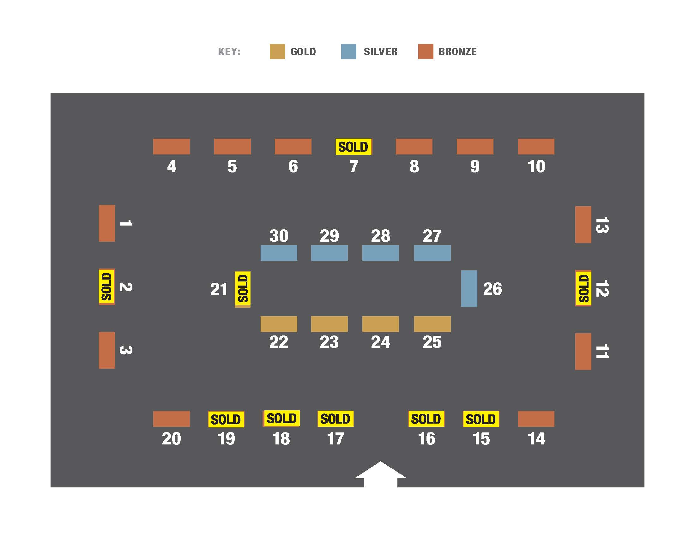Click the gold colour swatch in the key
[x=277, y=51]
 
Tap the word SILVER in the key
[x=381, y=51]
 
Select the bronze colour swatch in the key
[x=426, y=51]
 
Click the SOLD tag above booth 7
[x=354, y=147]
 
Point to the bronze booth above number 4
[x=172, y=147]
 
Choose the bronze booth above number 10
[x=536, y=147]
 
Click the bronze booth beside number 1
[x=107, y=223]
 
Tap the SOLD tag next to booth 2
[x=107, y=287]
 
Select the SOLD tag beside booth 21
[x=243, y=289]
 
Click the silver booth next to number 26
[x=469, y=288]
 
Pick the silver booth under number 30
[x=279, y=253]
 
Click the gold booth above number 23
[x=329, y=324]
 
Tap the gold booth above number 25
[x=432, y=324]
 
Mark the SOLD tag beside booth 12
[x=583, y=288]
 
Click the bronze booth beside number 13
[x=583, y=225]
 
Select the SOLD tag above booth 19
[x=226, y=419]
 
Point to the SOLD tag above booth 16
[x=426, y=419]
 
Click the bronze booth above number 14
[x=536, y=419]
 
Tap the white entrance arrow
[x=381, y=474]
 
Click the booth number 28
[x=381, y=236]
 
